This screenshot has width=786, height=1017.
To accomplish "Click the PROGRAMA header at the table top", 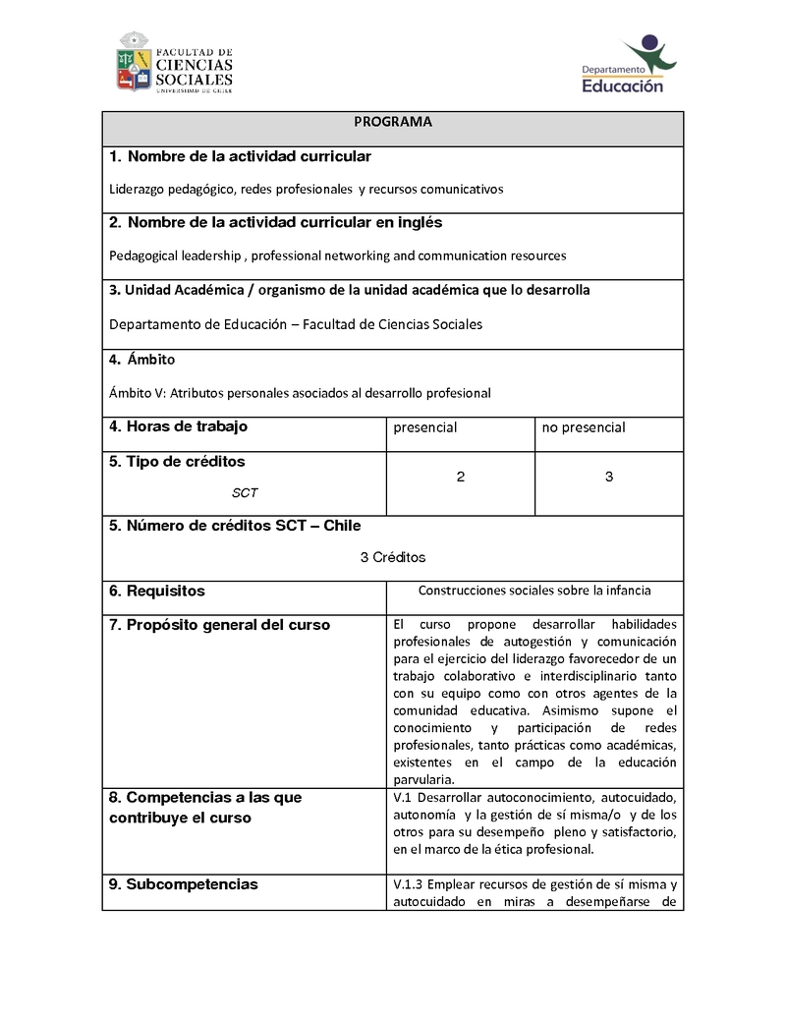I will pyautogui.click(x=392, y=122).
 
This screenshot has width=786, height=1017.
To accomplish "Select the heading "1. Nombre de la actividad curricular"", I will pyautogui.click(x=240, y=157).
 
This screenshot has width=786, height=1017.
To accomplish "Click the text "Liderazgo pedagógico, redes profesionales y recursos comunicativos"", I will pyautogui.click(x=306, y=189).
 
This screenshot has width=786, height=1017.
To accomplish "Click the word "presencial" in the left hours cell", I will pyautogui.click(x=424, y=427).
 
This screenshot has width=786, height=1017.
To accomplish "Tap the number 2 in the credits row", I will pyautogui.click(x=461, y=477).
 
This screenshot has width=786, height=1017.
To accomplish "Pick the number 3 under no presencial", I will pyautogui.click(x=609, y=477).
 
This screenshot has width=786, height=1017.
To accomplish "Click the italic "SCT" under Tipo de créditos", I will pyautogui.click(x=245, y=492).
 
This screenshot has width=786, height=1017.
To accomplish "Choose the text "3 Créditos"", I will pyautogui.click(x=392, y=557).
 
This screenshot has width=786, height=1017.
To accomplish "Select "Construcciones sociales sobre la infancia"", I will pyautogui.click(x=534, y=591).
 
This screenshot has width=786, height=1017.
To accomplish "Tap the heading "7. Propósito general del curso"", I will pyautogui.click(x=219, y=625).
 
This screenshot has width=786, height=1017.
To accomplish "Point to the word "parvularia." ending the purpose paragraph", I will pyautogui.click(x=423, y=779).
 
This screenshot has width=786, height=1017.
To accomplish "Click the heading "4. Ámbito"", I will pyautogui.click(x=142, y=360).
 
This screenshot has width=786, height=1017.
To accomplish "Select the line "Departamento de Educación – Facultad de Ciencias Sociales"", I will pyautogui.click(x=296, y=324).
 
